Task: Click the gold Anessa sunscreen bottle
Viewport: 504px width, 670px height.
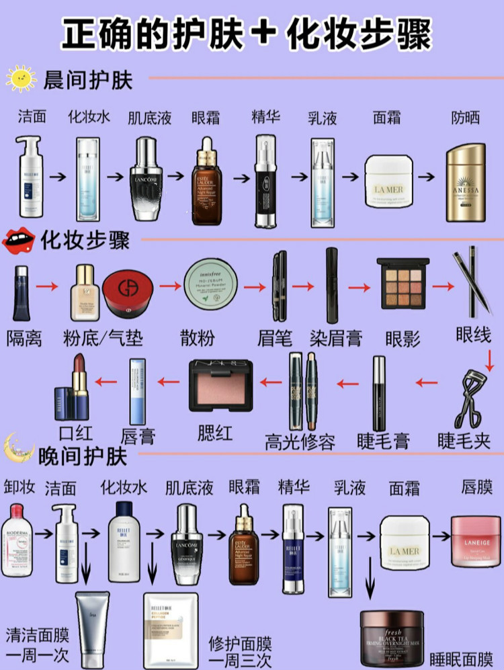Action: click(x=466, y=183)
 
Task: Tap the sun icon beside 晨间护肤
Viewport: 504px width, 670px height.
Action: click(x=21, y=79)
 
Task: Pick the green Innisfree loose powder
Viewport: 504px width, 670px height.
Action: click(x=212, y=285)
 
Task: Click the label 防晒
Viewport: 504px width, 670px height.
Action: click(x=465, y=117)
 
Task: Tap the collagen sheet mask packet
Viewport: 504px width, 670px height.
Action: click(x=171, y=630)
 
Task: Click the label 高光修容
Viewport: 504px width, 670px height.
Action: click(x=300, y=442)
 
